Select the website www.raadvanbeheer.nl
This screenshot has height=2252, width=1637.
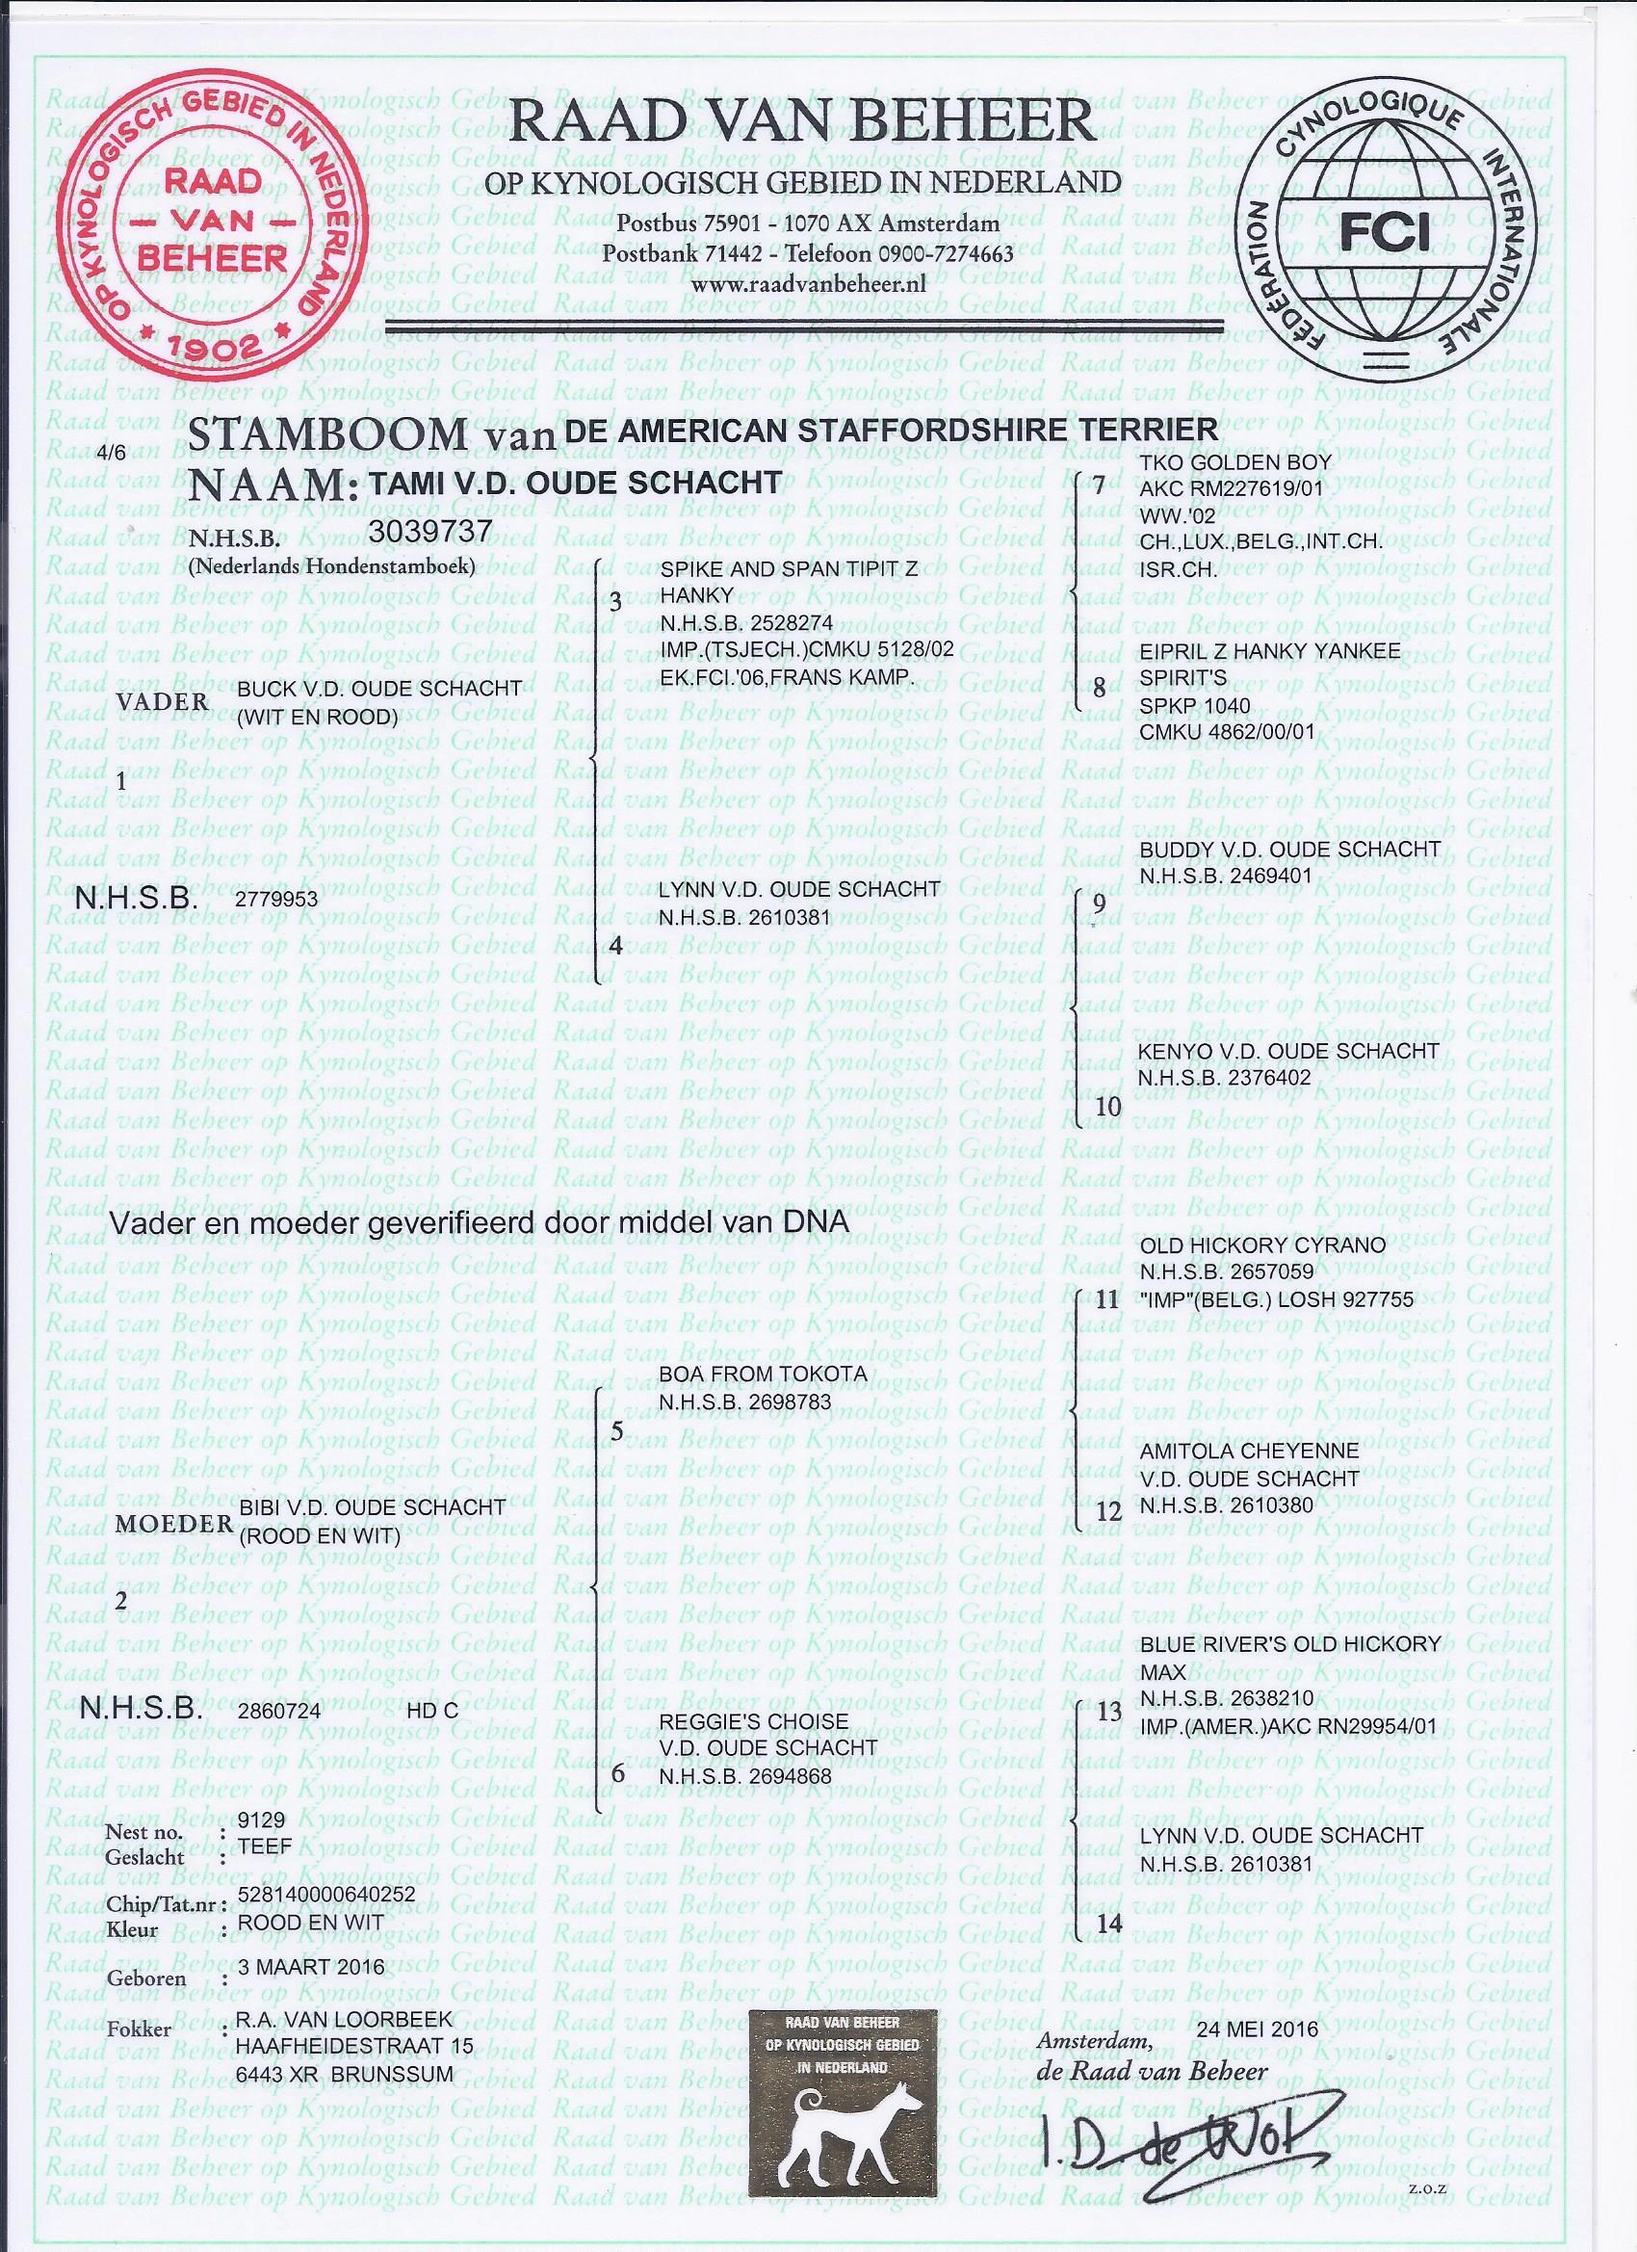coord(808,284)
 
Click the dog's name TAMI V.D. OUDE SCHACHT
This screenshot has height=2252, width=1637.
coord(575,483)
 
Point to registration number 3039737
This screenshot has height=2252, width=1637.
coord(429,532)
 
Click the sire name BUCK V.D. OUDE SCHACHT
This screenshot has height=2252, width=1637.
coord(379,689)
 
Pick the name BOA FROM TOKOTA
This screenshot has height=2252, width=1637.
coord(763,1375)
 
